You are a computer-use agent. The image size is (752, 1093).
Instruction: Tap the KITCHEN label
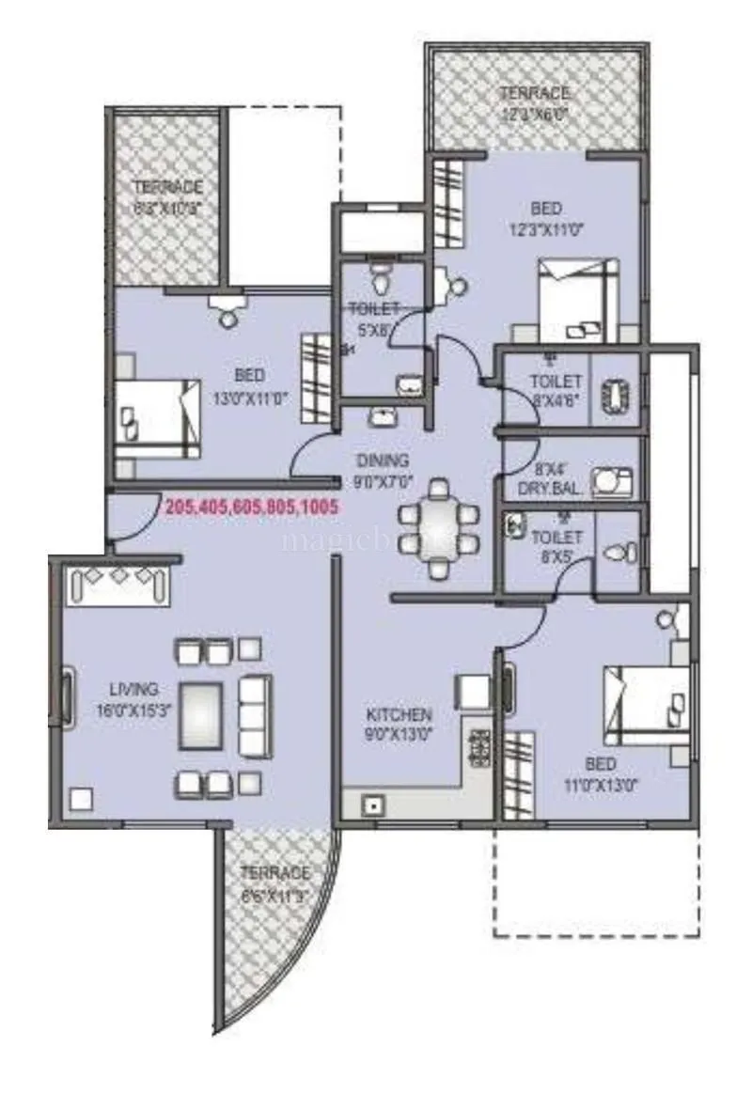(399, 715)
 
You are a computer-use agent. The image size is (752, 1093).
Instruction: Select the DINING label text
(382, 461)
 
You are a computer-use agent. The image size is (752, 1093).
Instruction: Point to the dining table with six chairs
(438, 528)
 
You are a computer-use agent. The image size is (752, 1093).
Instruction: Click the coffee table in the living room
(200, 715)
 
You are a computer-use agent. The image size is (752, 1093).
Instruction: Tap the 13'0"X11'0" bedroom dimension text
(250, 398)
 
